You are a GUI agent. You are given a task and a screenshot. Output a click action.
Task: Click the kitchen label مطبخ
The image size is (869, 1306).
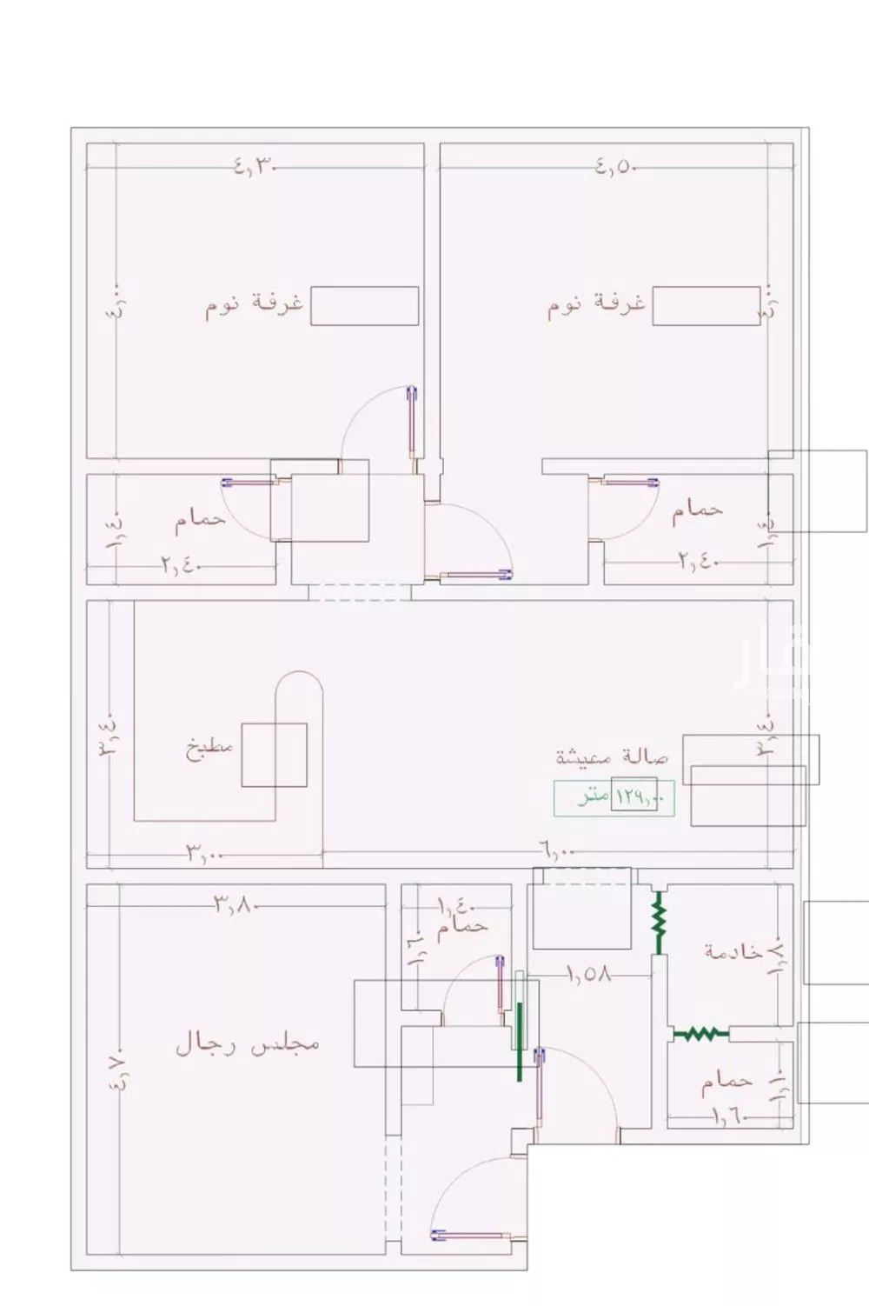209,750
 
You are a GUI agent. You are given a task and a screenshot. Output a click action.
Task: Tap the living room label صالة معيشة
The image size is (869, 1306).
613,756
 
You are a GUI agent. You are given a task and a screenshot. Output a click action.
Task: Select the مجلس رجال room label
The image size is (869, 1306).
248,1043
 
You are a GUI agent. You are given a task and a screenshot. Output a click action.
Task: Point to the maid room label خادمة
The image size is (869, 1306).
733,951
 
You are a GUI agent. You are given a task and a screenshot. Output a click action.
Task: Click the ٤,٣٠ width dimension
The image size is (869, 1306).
255,166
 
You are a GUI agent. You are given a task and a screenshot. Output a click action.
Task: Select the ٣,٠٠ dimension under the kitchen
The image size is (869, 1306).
205,854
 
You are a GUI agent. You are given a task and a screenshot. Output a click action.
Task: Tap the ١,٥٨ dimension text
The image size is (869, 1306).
589,975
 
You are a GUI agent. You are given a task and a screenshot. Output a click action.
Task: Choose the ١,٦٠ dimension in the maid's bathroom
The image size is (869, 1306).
728,1116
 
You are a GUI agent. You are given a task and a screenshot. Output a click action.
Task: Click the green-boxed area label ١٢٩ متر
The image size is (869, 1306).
614,796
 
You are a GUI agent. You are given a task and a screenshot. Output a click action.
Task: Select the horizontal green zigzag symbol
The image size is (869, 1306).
700,1034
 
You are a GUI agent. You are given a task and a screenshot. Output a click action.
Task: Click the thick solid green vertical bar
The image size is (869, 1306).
520,1042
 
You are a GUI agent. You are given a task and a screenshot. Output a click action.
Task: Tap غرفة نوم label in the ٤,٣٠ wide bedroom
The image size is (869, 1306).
254,305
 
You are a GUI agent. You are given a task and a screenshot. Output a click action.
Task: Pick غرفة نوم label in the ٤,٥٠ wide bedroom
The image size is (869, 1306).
596,305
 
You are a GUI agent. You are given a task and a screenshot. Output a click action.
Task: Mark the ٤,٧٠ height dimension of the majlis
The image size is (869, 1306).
119,1070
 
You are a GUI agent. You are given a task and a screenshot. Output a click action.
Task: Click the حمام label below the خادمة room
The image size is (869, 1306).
726,1082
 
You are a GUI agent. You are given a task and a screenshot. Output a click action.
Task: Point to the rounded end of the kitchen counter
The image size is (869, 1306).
299,683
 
